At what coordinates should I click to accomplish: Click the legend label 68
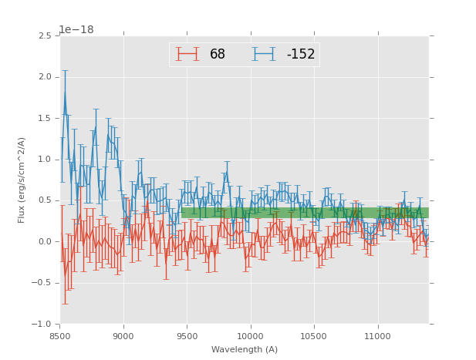click(217, 55)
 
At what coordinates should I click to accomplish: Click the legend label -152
click(301, 55)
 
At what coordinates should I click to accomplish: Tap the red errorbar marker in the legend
click(187, 55)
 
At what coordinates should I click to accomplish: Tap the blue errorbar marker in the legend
click(265, 55)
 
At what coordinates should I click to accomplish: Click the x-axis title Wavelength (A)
click(245, 349)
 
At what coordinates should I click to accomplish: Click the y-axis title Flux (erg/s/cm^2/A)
click(22, 180)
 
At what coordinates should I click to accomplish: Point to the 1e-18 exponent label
click(76, 30)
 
